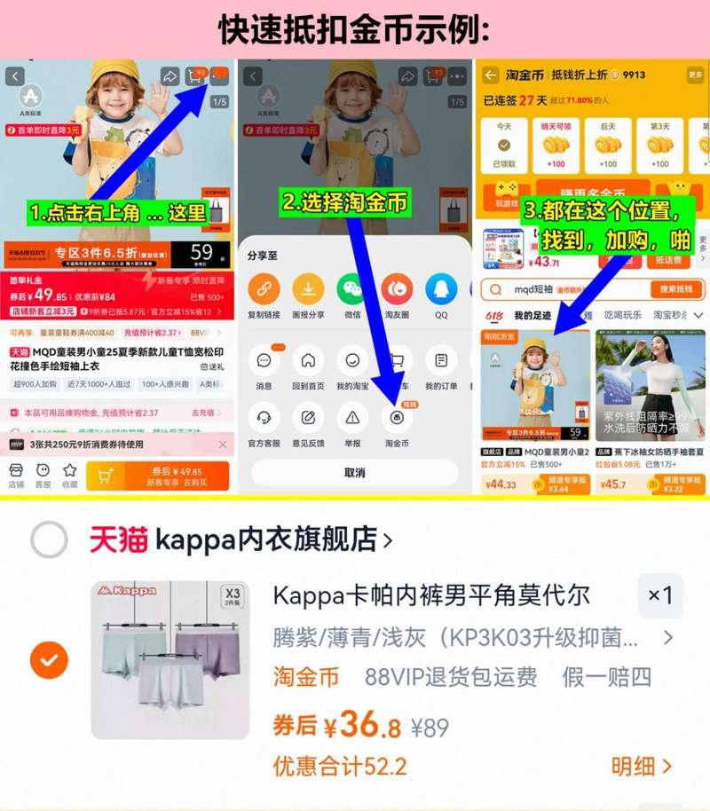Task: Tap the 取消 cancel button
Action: click(354, 472)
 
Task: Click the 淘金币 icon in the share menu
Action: click(397, 418)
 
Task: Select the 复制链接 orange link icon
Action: click(264, 288)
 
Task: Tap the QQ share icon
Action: click(441, 288)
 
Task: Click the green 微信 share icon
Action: click(352, 288)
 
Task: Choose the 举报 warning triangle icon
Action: click(352, 418)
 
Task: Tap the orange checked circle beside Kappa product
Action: click(49, 659)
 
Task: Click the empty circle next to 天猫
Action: click(49, 539)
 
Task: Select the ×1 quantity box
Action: click(660, 595)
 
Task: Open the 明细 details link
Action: click(641, 766)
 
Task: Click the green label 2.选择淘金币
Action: click(345, 202)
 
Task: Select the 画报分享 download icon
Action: click(308, 288)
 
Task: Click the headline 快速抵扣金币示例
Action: click(354, 29)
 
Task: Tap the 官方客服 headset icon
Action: click(264, 418)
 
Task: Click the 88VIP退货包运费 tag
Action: click(450, 677)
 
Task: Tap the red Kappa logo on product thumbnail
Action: click(129, 590)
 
